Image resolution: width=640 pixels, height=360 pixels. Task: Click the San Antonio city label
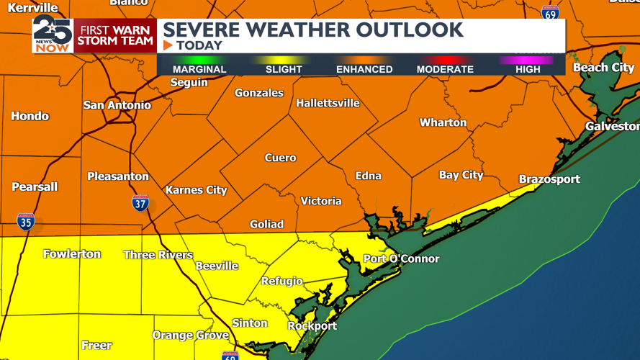point(117,105)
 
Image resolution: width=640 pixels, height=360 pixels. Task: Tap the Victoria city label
point(321,201)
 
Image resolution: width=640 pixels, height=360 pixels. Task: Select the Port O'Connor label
point(401,258)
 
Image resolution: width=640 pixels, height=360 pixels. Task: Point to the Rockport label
point(312,325)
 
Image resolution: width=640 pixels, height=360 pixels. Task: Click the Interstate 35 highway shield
point(26,221)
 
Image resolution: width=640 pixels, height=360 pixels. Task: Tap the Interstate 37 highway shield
point(141,203)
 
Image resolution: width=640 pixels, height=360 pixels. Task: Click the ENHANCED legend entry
point(364,69)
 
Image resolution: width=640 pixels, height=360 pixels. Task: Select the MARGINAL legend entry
point(199,69)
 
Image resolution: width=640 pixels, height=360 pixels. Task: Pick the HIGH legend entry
point(528,69)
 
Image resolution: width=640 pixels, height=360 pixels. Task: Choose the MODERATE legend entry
point(445,69)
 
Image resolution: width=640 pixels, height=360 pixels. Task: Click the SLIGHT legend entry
point(284,69)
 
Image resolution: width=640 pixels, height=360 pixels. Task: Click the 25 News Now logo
point(53,35)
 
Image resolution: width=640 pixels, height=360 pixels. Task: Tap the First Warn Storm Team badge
point(115,35)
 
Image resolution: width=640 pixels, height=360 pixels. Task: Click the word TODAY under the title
point(199,45)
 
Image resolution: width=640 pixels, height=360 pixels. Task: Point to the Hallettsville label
point(328,103)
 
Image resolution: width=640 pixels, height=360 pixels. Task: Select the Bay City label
point(461,175)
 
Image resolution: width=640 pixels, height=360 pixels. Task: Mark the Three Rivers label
point(158,255)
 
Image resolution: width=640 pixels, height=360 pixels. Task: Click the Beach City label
point(603,68)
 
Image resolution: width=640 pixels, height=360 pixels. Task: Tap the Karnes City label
point(196,190)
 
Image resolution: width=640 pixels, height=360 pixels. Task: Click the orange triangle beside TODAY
point(168,45)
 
